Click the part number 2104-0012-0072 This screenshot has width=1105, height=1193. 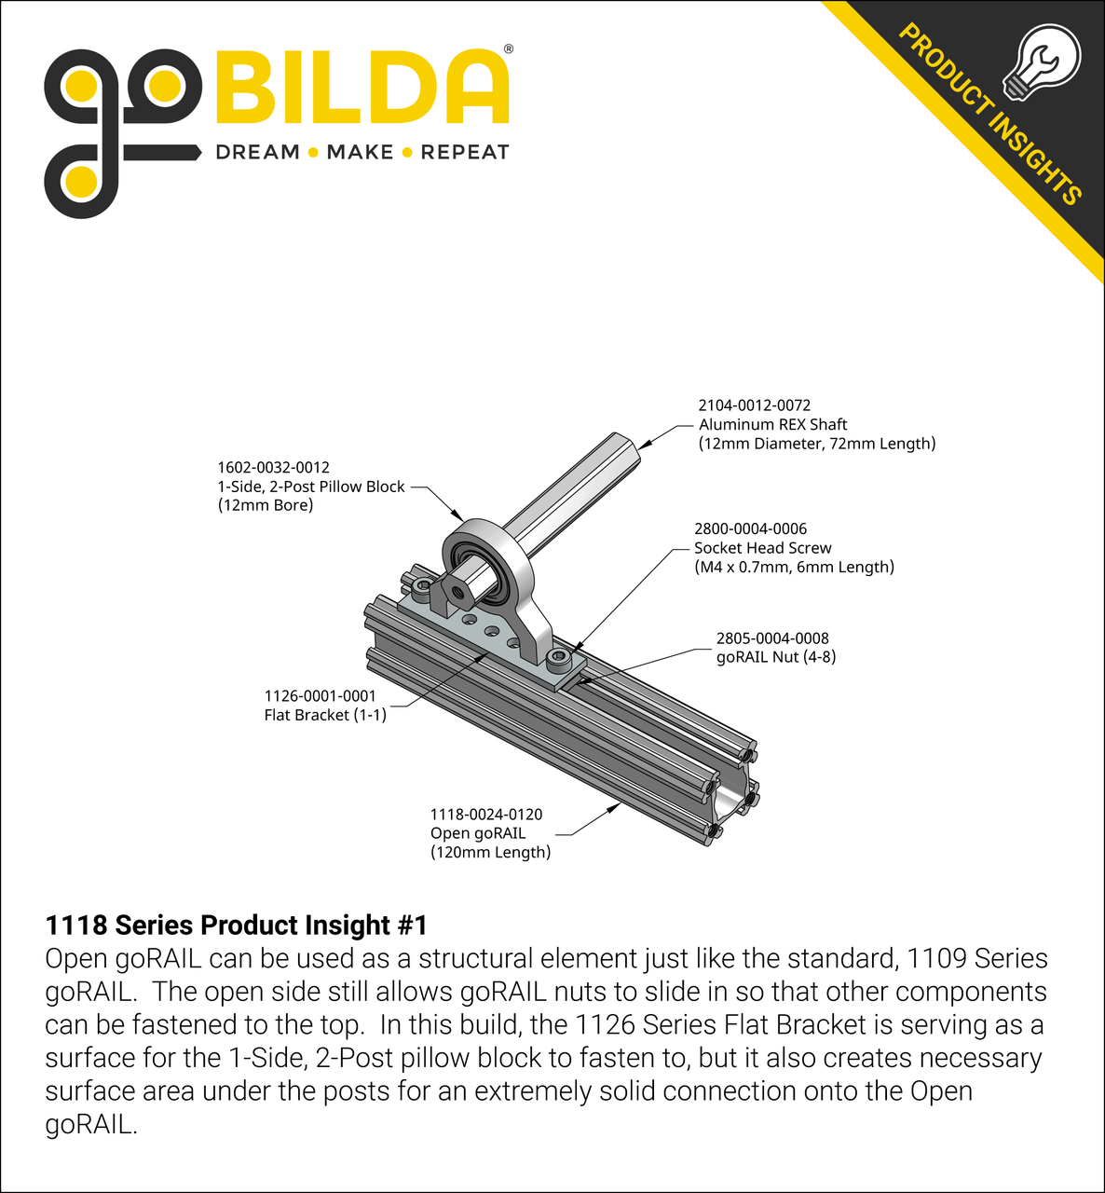[x=754, y=405]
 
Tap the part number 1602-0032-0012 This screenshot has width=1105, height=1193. [x=273, y=467]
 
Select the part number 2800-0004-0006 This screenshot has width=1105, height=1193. [x=750, y=528]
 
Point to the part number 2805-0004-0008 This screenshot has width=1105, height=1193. [x=771, y=638]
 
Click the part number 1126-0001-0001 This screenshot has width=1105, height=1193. [x=320, y=695]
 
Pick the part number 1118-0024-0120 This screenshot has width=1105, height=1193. [x=485, y=814]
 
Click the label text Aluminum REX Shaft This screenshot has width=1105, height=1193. [x=772, y=425]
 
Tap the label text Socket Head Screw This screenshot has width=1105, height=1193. [x=762, y=548]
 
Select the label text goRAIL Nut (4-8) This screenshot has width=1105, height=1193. [x=775, y=657]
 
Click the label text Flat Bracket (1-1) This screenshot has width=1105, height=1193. [x=324, y=715]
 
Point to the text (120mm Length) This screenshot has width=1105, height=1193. [x=490, y=852]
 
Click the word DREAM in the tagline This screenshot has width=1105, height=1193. [x=257, y=153]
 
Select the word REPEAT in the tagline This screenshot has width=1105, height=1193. [x=465, y=153]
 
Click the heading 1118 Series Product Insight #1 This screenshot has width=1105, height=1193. [x=236, y=925]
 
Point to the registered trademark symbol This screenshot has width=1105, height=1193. [x=508, y=48]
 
